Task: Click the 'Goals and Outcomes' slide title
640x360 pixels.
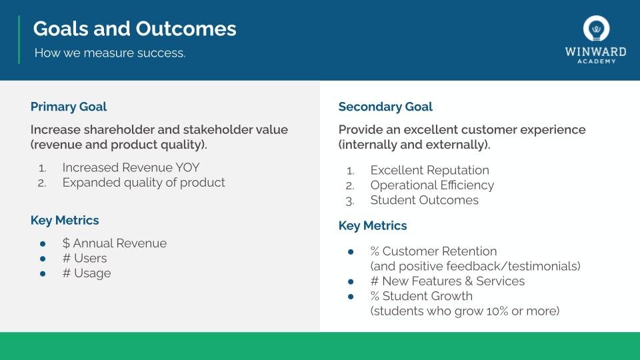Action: coord(135,29)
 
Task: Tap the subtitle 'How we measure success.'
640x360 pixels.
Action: coord(110,53)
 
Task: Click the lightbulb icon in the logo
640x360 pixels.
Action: coord(596,29)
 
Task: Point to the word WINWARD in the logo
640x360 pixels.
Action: coord(595,52)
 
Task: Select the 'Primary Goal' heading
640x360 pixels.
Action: coord(69,107)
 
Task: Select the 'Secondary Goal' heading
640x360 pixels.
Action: coord(385,107)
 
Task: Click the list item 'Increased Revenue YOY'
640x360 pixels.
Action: coord(131,167)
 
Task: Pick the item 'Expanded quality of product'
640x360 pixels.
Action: coord(143,183)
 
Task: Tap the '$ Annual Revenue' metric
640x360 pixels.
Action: coord(114,243)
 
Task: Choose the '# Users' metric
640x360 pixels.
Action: coord(85,259)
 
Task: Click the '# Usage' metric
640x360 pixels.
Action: coord(87,273)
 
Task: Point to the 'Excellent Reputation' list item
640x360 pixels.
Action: coord(429,170)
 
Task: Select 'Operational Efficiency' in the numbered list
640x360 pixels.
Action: coord(432,185)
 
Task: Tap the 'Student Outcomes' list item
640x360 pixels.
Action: coord(424,200)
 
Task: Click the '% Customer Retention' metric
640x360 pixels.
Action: coord(433,251)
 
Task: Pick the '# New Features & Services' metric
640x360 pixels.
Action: coord(447,281)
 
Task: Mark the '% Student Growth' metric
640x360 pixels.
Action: coord(421,296)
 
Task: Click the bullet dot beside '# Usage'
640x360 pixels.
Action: coord(43,274)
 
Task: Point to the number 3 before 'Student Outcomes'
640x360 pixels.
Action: coord(349,201)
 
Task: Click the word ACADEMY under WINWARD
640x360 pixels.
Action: coord(596,61)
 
